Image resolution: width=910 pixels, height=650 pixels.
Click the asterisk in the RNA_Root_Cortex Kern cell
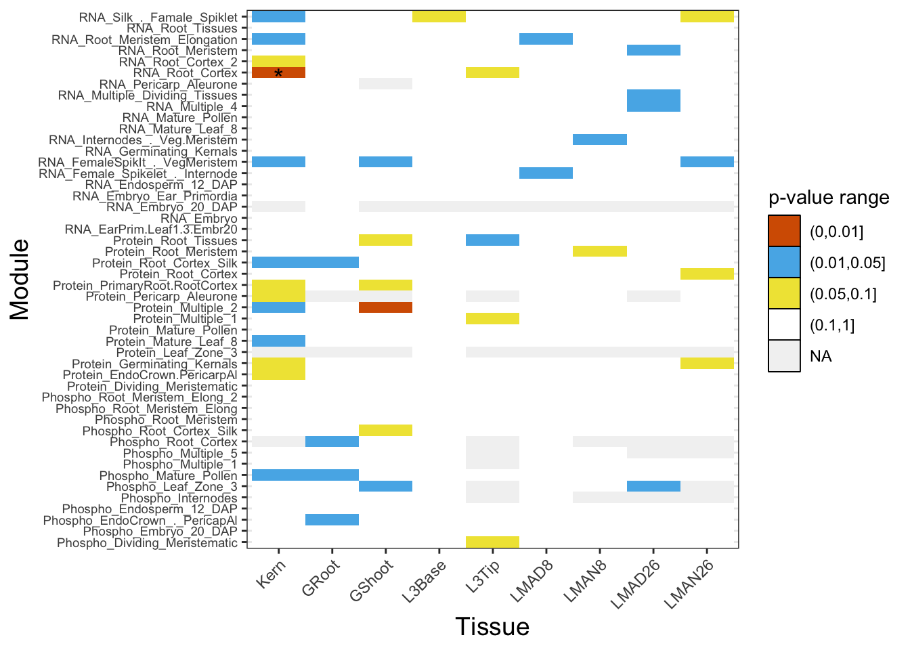click(x=278, y=73)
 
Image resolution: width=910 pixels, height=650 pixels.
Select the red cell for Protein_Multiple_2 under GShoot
click(x=385, y=307)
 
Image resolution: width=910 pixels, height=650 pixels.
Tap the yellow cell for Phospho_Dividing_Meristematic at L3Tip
click(x=492, y=542)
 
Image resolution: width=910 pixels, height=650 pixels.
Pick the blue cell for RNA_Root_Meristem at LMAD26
click(x=653, y=50)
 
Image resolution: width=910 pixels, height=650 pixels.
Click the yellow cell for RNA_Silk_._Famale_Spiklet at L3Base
click(x=439, y=17)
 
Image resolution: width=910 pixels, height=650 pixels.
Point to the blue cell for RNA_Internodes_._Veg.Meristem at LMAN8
click(x=599, y=140)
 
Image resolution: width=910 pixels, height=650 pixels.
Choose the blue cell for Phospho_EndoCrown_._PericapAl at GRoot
click(x=332, y=520)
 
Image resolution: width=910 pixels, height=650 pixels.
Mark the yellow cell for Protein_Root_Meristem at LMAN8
click(x=599, y=252)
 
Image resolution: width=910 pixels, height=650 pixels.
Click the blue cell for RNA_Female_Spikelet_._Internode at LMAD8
click(x=546, y=173)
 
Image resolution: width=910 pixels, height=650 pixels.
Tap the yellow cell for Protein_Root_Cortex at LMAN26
click(x=707, y=274)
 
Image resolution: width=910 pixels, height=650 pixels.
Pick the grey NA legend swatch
click(x=784, y=356)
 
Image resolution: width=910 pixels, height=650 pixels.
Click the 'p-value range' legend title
click(x=829, y=198)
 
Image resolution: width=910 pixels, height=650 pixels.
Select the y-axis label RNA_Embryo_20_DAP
click(x=172, y=207)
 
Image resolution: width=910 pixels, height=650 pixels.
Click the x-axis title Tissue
click(x=492, y=626)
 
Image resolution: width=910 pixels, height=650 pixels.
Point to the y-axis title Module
click(x=20, y=279)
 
